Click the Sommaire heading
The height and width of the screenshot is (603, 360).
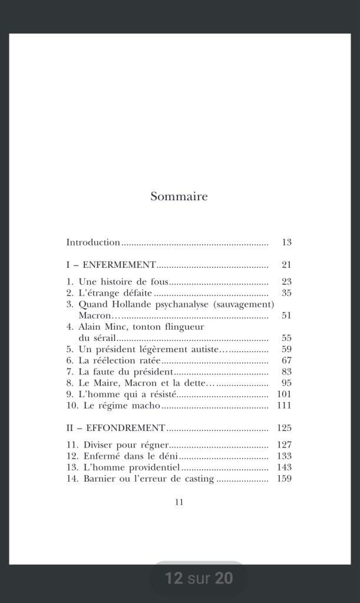coord(179,197)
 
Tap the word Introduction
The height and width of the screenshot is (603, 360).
coord(93,242)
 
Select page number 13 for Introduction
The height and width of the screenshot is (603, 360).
coord(287,242)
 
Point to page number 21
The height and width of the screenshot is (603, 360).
coord(287,265)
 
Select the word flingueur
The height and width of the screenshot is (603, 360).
coord(180,327)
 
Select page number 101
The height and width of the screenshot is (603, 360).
coord(285,395)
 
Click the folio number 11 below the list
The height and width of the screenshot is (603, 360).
coord(180,502)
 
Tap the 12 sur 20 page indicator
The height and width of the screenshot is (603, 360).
coord(199,578)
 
